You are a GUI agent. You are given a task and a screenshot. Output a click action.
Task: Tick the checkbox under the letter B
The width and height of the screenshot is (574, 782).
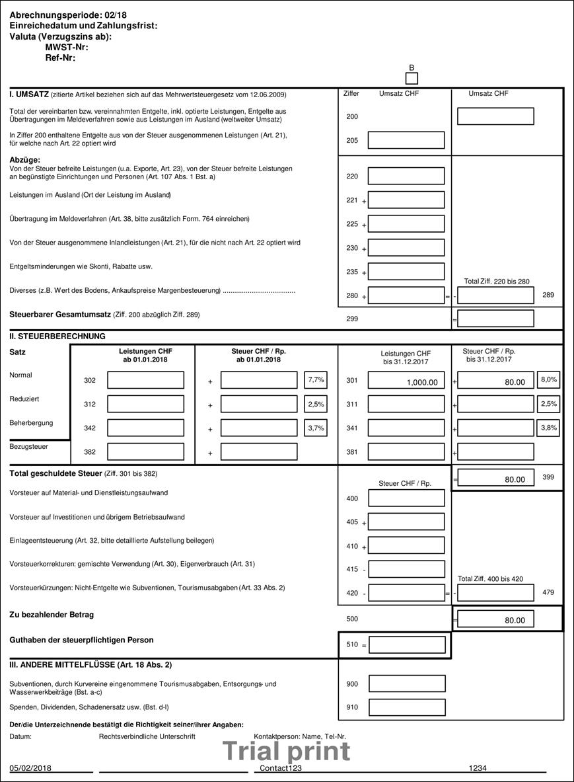point(412,79)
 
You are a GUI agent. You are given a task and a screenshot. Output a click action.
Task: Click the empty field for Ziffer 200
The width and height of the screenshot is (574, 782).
point(495,116)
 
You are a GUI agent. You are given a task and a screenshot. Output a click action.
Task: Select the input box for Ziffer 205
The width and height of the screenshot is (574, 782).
point(406,140)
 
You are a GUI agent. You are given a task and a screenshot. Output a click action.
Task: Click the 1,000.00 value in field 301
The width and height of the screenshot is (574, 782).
point(406,382)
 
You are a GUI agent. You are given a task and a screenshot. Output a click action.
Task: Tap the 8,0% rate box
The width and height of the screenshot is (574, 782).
point(549,379)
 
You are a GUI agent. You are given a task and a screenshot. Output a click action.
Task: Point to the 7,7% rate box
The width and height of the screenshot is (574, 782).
point(316,379)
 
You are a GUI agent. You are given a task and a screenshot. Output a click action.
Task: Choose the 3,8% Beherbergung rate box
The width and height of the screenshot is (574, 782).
point(549,428)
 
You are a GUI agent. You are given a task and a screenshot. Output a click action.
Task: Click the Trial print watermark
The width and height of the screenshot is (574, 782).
point(286,752)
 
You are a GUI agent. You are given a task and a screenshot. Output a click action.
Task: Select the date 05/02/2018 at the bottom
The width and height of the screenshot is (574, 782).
point(30,768)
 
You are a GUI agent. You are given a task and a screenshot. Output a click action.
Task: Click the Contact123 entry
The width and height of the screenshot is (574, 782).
point(281,768)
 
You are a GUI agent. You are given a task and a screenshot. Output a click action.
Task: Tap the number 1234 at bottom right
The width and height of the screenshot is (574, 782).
point(478,768)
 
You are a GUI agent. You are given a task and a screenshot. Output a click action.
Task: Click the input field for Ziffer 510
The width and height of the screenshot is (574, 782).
point(407,645)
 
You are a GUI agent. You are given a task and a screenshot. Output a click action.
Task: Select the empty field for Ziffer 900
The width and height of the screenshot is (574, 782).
point(407,684)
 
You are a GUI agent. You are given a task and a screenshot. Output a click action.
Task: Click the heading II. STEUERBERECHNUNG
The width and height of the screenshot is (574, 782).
point(57,336)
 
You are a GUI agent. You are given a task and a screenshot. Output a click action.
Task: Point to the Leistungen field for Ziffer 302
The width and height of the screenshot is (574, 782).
point(145,380)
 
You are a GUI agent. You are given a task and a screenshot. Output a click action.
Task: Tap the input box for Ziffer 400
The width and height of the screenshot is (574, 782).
point(407,498)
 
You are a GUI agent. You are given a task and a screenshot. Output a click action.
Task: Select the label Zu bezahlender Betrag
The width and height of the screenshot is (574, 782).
point(52,615)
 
